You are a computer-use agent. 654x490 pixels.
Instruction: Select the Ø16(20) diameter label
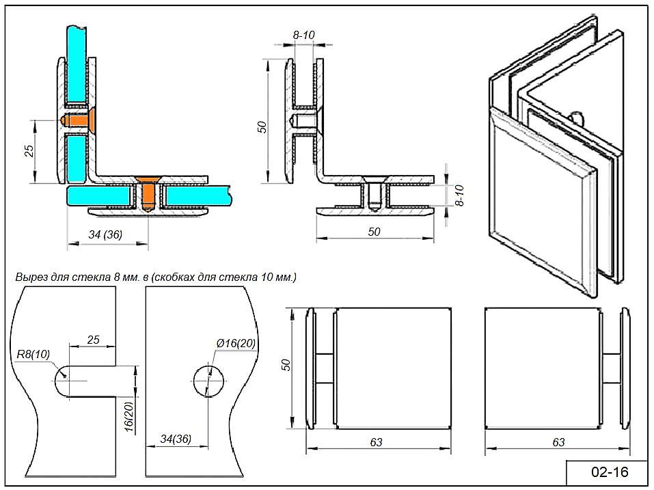[x=236, y=343]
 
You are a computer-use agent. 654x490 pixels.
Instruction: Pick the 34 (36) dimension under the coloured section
[x=105, y=234]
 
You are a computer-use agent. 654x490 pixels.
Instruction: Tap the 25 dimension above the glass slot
[x=93, y=339]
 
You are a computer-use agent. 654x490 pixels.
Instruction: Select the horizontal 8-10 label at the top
[x=303, y=33]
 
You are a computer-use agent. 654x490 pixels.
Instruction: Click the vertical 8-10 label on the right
[x=459, y=195]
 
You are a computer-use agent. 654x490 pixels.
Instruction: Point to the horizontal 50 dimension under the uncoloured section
[x=374, y=232]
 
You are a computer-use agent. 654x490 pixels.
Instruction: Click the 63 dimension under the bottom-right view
[x=558, y=443]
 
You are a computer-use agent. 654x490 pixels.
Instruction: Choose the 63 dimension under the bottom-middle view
[x=376, y=443]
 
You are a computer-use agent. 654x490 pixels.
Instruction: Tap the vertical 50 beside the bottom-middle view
[x=287, y=365]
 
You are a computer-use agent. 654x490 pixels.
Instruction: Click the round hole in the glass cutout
[x=208, y=381]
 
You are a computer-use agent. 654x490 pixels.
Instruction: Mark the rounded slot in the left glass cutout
[x=75, y=380]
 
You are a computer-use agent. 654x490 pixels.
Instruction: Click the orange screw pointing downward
[x=147, y=193]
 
